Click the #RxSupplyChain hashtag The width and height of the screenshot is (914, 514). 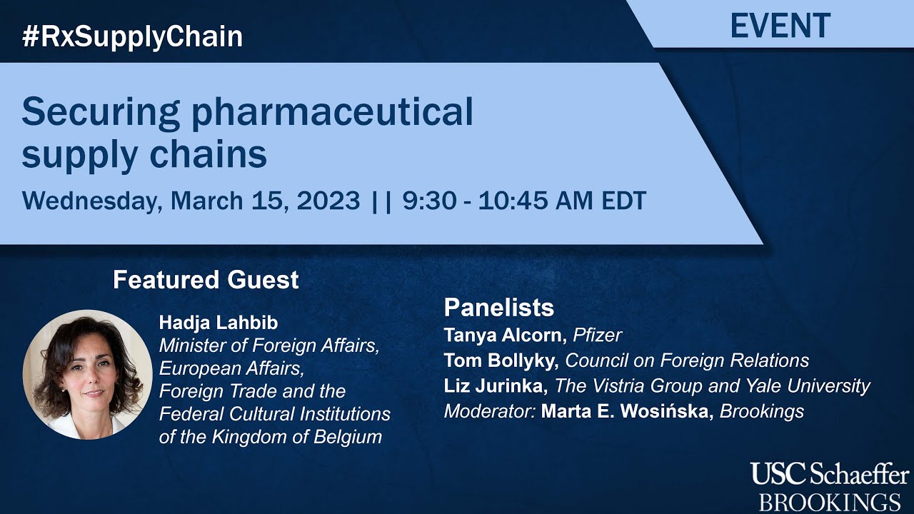pyautogui.click(x=132, y=36)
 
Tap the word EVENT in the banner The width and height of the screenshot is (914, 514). pyautogui.click(x=780, y=26)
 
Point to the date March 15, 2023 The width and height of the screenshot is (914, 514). pyautogui.click(x=264, y=201)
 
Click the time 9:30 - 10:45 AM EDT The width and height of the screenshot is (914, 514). pyautogui.click(x=524, y=201)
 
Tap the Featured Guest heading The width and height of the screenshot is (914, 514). pyautogui.click(x=206, y=280)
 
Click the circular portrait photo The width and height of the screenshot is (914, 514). pyautogui.click(x=87, y=374)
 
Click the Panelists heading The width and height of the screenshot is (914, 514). pyautogui.click(x=498, y=308)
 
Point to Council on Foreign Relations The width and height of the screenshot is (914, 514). pyautogui.click(x=687, y=361)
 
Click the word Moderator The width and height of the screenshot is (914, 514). pyautogui.click(x=489, y=412)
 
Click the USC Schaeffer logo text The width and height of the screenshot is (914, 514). pyautogui.click(x=829, y=474)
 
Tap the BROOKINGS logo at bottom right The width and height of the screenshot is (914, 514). pyautogui.click(x=829, y=500)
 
